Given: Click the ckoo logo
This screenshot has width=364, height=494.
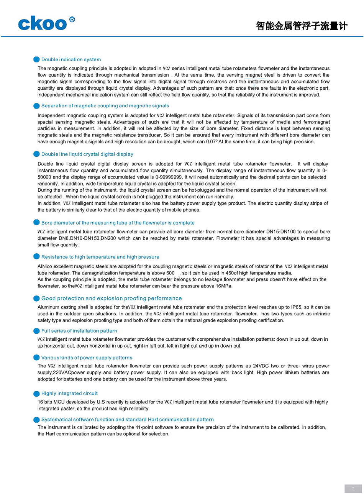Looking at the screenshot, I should click(x=43, y=24).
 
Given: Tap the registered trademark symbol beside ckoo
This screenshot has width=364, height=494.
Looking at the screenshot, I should click(x=72, y=20).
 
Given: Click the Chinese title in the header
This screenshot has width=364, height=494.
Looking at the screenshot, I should click(x=302, y=26).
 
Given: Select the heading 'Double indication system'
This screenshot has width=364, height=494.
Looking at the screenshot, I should click(x=71, y=59).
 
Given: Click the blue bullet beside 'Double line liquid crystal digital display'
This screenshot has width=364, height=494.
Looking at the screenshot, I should click(x=36, y=154).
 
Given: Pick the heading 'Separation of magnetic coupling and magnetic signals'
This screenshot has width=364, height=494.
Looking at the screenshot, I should click(x=105, y=106).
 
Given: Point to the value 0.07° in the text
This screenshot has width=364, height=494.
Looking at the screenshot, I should click(x=211, y=142).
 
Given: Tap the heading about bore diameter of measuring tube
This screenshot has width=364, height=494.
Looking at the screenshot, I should click(x=118, y=223).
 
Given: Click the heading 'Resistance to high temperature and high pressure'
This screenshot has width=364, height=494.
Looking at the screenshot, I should click(x=100, y=257).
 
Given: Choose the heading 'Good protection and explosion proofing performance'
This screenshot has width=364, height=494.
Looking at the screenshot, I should click(x=111, y=298).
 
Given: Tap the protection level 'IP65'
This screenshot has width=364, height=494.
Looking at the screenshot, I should click(x=297, y=307).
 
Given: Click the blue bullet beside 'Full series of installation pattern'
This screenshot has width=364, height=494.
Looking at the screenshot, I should click(x=36, y=331).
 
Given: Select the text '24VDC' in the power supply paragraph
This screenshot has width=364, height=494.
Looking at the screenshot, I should click(x=261, y=366).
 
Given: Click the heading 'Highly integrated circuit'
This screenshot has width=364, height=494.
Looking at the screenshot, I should click(x=69, y=393).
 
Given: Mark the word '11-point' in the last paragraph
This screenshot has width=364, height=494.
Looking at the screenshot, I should click(x=145, y=427).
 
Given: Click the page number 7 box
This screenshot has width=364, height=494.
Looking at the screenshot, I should click(x=353, y=489).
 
